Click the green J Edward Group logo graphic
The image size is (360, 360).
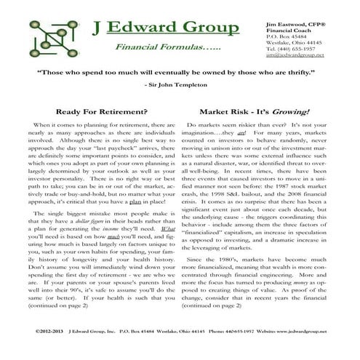coord(50,33)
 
